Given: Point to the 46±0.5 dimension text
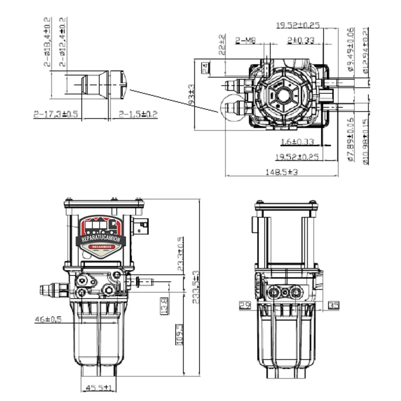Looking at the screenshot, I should tap(48, 319).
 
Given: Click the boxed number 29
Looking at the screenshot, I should tap(245, 305).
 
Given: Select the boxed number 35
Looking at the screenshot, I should tap(333, 305).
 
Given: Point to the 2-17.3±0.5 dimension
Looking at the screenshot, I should tap(56, 114).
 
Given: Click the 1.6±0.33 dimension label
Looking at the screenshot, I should tap(298, 141).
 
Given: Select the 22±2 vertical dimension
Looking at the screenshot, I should tap(222, 44).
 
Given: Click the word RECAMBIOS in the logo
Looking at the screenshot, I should tap(101, 247).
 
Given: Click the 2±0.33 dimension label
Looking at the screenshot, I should tap(301, 40).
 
